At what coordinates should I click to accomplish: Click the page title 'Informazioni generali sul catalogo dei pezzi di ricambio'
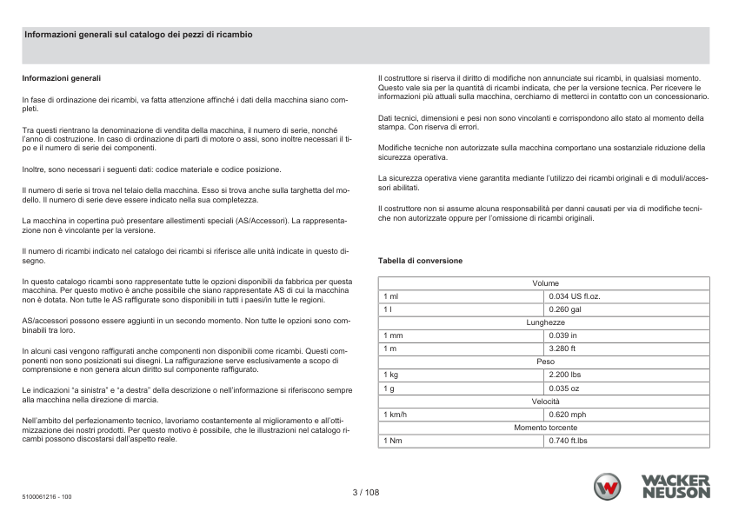tap(139, 34)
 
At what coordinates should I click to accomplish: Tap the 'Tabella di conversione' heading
tap(420, 261)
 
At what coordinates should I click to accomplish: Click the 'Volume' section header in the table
tap(545, 283)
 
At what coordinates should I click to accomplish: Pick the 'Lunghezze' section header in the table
tap(545, 322)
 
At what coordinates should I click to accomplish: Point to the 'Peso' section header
tap(545, 361)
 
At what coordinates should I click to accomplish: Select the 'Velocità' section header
tap(545, 401)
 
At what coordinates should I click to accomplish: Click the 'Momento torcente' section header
tap(545, 428)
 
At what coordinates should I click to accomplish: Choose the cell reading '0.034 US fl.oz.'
tap(575, 296)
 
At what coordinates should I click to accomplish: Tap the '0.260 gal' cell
tap(565, 309)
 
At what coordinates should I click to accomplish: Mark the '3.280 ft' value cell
tap(562, 348)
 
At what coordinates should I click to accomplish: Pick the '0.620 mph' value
tap(568, 415)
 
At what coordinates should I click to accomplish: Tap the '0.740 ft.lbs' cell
tap(569, 441)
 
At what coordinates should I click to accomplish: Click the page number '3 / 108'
tap(366, 491)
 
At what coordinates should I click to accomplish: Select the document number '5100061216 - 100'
tap(47, 497)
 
